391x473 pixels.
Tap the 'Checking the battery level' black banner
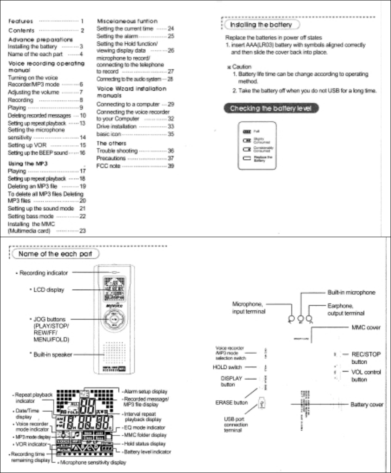272,108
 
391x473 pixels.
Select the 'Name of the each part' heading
58,253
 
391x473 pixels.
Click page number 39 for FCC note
171,166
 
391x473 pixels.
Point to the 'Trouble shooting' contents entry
117,150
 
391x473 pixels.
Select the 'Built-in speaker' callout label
53,354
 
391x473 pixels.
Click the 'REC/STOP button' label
366,358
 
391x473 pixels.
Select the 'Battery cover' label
367,404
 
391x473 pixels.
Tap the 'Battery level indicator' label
147,452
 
